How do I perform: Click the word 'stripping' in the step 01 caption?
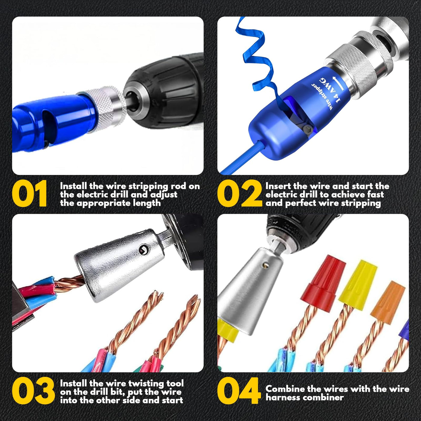coord(148,187)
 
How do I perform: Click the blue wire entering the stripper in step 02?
coord(240,157)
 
